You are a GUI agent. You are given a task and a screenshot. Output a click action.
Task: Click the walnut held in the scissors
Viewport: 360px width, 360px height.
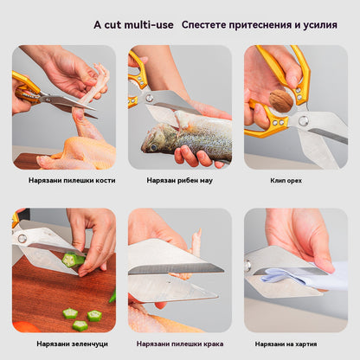coord(281,100)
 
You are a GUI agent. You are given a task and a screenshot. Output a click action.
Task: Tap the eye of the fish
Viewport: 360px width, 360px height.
coord(153,147)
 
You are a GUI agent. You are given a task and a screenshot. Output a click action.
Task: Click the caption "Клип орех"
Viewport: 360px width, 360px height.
coord(286,181)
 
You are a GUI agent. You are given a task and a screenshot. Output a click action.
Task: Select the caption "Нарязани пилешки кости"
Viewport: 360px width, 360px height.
coord(72,181)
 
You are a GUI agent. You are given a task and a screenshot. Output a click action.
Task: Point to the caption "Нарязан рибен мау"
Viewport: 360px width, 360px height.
coord(179,181)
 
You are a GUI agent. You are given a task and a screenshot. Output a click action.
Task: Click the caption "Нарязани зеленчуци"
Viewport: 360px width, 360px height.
coord(72,344)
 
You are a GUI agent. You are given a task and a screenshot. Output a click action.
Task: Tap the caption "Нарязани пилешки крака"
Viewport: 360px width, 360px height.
coord(180,344)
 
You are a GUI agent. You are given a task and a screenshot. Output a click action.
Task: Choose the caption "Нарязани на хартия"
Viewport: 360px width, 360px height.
coord(286,344)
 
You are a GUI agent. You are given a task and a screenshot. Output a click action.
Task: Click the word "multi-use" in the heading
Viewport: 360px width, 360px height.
coord(149,25)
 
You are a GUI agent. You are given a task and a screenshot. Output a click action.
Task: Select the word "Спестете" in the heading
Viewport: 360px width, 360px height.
coord(204,25)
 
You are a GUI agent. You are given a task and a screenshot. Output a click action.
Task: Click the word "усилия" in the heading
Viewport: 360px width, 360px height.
coord(320,25)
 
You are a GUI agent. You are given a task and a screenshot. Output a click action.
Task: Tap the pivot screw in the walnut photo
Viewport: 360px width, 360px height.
coord(303,120)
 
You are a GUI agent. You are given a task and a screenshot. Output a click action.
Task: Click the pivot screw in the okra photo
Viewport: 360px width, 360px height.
coord(22,239)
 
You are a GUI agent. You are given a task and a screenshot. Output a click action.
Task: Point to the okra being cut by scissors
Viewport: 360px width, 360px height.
coord(74,259)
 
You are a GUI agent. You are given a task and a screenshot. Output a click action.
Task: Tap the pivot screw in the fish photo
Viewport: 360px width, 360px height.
coord(150,98)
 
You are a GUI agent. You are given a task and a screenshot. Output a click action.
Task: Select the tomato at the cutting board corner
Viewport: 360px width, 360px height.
coord(25,327)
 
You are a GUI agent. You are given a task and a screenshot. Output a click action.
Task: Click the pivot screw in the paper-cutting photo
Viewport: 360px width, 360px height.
coord(247,266)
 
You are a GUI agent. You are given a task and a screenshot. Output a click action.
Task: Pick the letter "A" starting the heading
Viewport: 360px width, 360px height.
coord(98,25)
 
